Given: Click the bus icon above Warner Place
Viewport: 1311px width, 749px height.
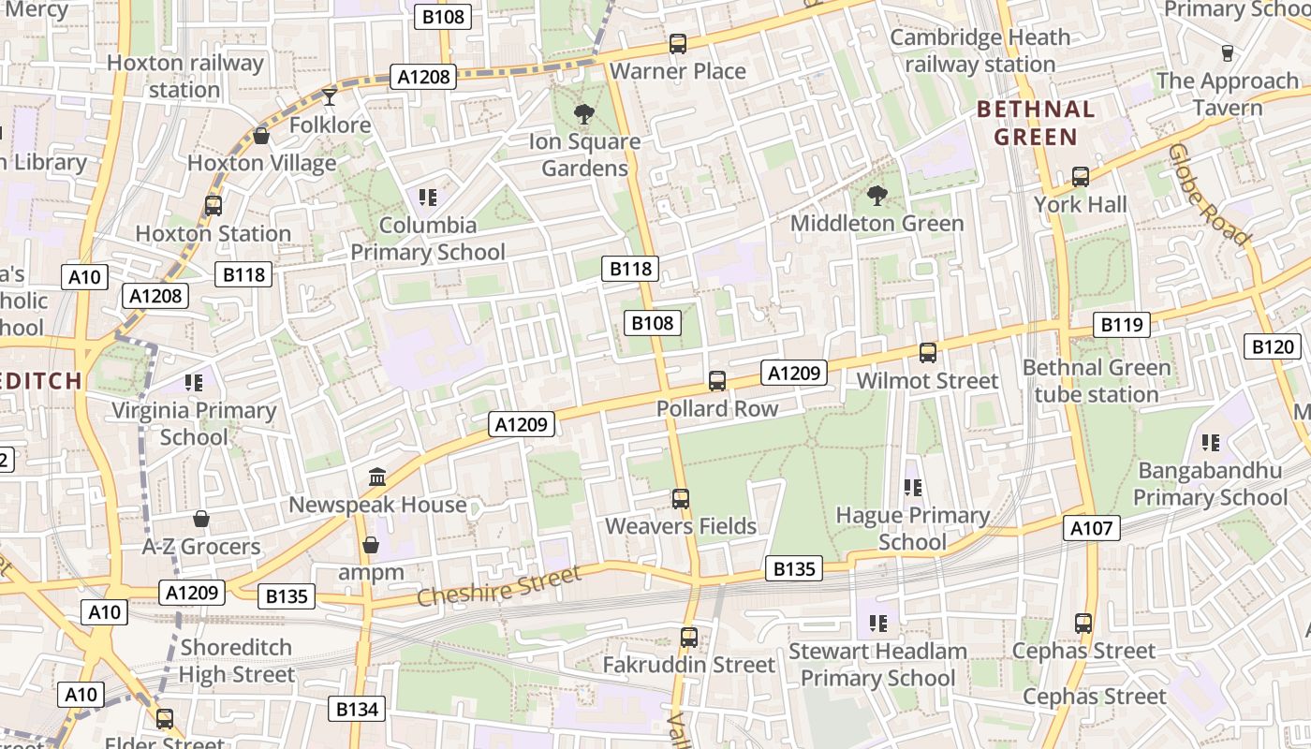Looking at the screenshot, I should coord(678,44).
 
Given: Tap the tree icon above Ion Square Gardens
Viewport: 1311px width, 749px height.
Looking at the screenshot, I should coord(584,114).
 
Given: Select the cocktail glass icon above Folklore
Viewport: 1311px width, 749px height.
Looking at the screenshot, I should coord(330,96).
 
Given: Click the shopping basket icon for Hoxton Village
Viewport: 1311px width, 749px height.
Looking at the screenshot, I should coord(261,136).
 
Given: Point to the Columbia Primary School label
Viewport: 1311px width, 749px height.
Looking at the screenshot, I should coord(428,239).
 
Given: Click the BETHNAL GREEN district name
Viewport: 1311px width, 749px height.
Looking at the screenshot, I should coord(1036,124).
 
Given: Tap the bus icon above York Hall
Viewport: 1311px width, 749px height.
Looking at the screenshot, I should coord(1081,176).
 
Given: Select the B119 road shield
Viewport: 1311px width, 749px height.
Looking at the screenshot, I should coord(1122,325).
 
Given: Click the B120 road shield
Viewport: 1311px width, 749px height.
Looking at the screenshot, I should coord(1274,347).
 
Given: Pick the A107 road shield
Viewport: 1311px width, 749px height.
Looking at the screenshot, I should coord(1092,528).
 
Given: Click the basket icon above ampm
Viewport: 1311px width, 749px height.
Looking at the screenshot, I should coord(371,545).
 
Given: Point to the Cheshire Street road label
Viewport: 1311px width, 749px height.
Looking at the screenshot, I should coord(499,587).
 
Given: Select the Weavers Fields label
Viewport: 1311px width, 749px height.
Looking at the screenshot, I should coord(681,526).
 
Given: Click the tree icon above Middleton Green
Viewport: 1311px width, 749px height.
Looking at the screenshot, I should coord(877,196).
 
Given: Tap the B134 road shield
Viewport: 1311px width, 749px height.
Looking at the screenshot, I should coord(358,709).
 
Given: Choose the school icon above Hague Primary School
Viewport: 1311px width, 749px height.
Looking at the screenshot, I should coord(913,487).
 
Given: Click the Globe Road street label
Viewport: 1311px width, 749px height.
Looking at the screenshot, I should coord(1209,195).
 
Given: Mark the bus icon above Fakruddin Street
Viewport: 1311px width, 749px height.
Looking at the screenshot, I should coord(689,638).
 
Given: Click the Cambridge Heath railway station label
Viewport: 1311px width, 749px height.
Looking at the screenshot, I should coord(980,51).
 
